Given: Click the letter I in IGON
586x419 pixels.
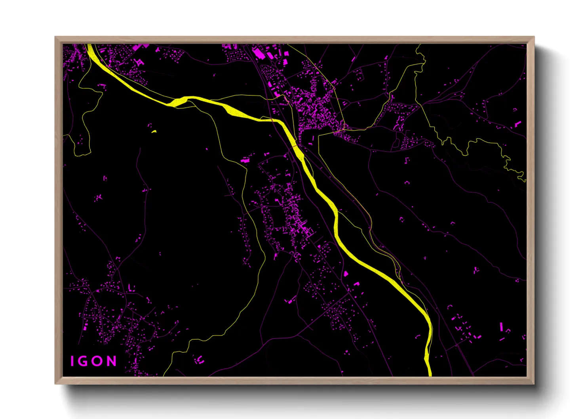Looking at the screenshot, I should pos(72,361).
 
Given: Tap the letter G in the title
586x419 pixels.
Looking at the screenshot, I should pos(84,361).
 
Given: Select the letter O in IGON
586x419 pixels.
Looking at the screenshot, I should pos(98,361).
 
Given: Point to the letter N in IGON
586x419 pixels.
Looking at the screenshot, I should pos(112,361).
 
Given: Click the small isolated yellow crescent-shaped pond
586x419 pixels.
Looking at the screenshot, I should pos(154,131).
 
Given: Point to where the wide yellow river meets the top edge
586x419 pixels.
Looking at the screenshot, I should pos(89,45).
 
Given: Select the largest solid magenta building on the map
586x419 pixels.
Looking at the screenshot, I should pos(258,53).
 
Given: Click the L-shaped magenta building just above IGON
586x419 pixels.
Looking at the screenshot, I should pos(131,288).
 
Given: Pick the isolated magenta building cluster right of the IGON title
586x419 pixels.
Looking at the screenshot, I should pos(200,360).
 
